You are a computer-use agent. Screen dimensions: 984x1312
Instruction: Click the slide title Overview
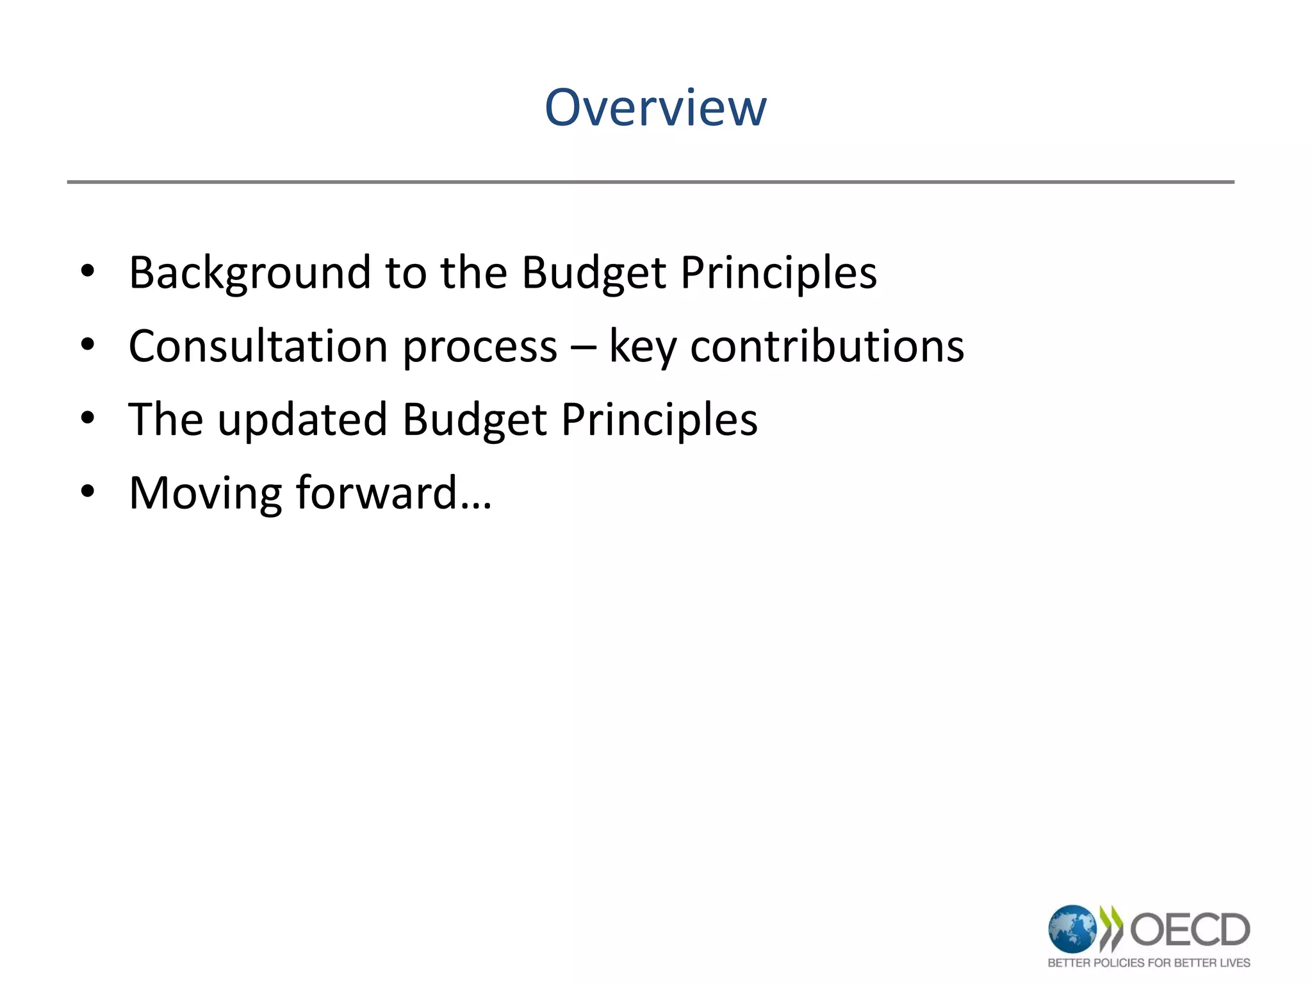(x=655, y=108)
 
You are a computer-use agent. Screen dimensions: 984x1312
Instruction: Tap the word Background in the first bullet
(x=250, y=273)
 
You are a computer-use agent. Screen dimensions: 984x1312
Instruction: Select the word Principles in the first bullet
(x=778, y=273)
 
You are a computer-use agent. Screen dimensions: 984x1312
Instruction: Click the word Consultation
(x=258, y=346)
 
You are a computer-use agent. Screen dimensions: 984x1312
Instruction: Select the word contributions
(x=827, y=346)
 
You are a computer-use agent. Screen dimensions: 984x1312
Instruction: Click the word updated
(x=302, y=420)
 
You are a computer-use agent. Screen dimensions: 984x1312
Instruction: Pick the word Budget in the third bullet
(x=475, y=420)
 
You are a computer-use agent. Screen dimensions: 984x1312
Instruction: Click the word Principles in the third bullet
(x=659, y=420)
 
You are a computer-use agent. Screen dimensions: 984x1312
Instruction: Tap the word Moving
(x=205, y=493)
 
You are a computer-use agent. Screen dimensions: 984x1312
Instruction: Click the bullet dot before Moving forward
(x=88, y=492)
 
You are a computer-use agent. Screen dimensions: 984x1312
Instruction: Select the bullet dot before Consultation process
(x=88, y=345)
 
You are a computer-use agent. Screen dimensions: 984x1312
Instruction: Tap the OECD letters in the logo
(x=1190, y=930)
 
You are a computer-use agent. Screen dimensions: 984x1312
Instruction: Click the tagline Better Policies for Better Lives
(x=1149, y=962)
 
